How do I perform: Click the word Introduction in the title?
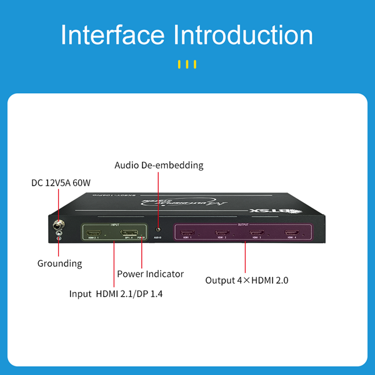242,35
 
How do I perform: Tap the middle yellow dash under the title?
187,64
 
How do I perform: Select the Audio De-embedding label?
159,166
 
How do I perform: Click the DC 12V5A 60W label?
61,183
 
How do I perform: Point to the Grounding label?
59,263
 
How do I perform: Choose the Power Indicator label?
150,274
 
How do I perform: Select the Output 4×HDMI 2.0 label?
247,280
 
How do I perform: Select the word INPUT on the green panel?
114,224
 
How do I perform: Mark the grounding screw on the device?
59,236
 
